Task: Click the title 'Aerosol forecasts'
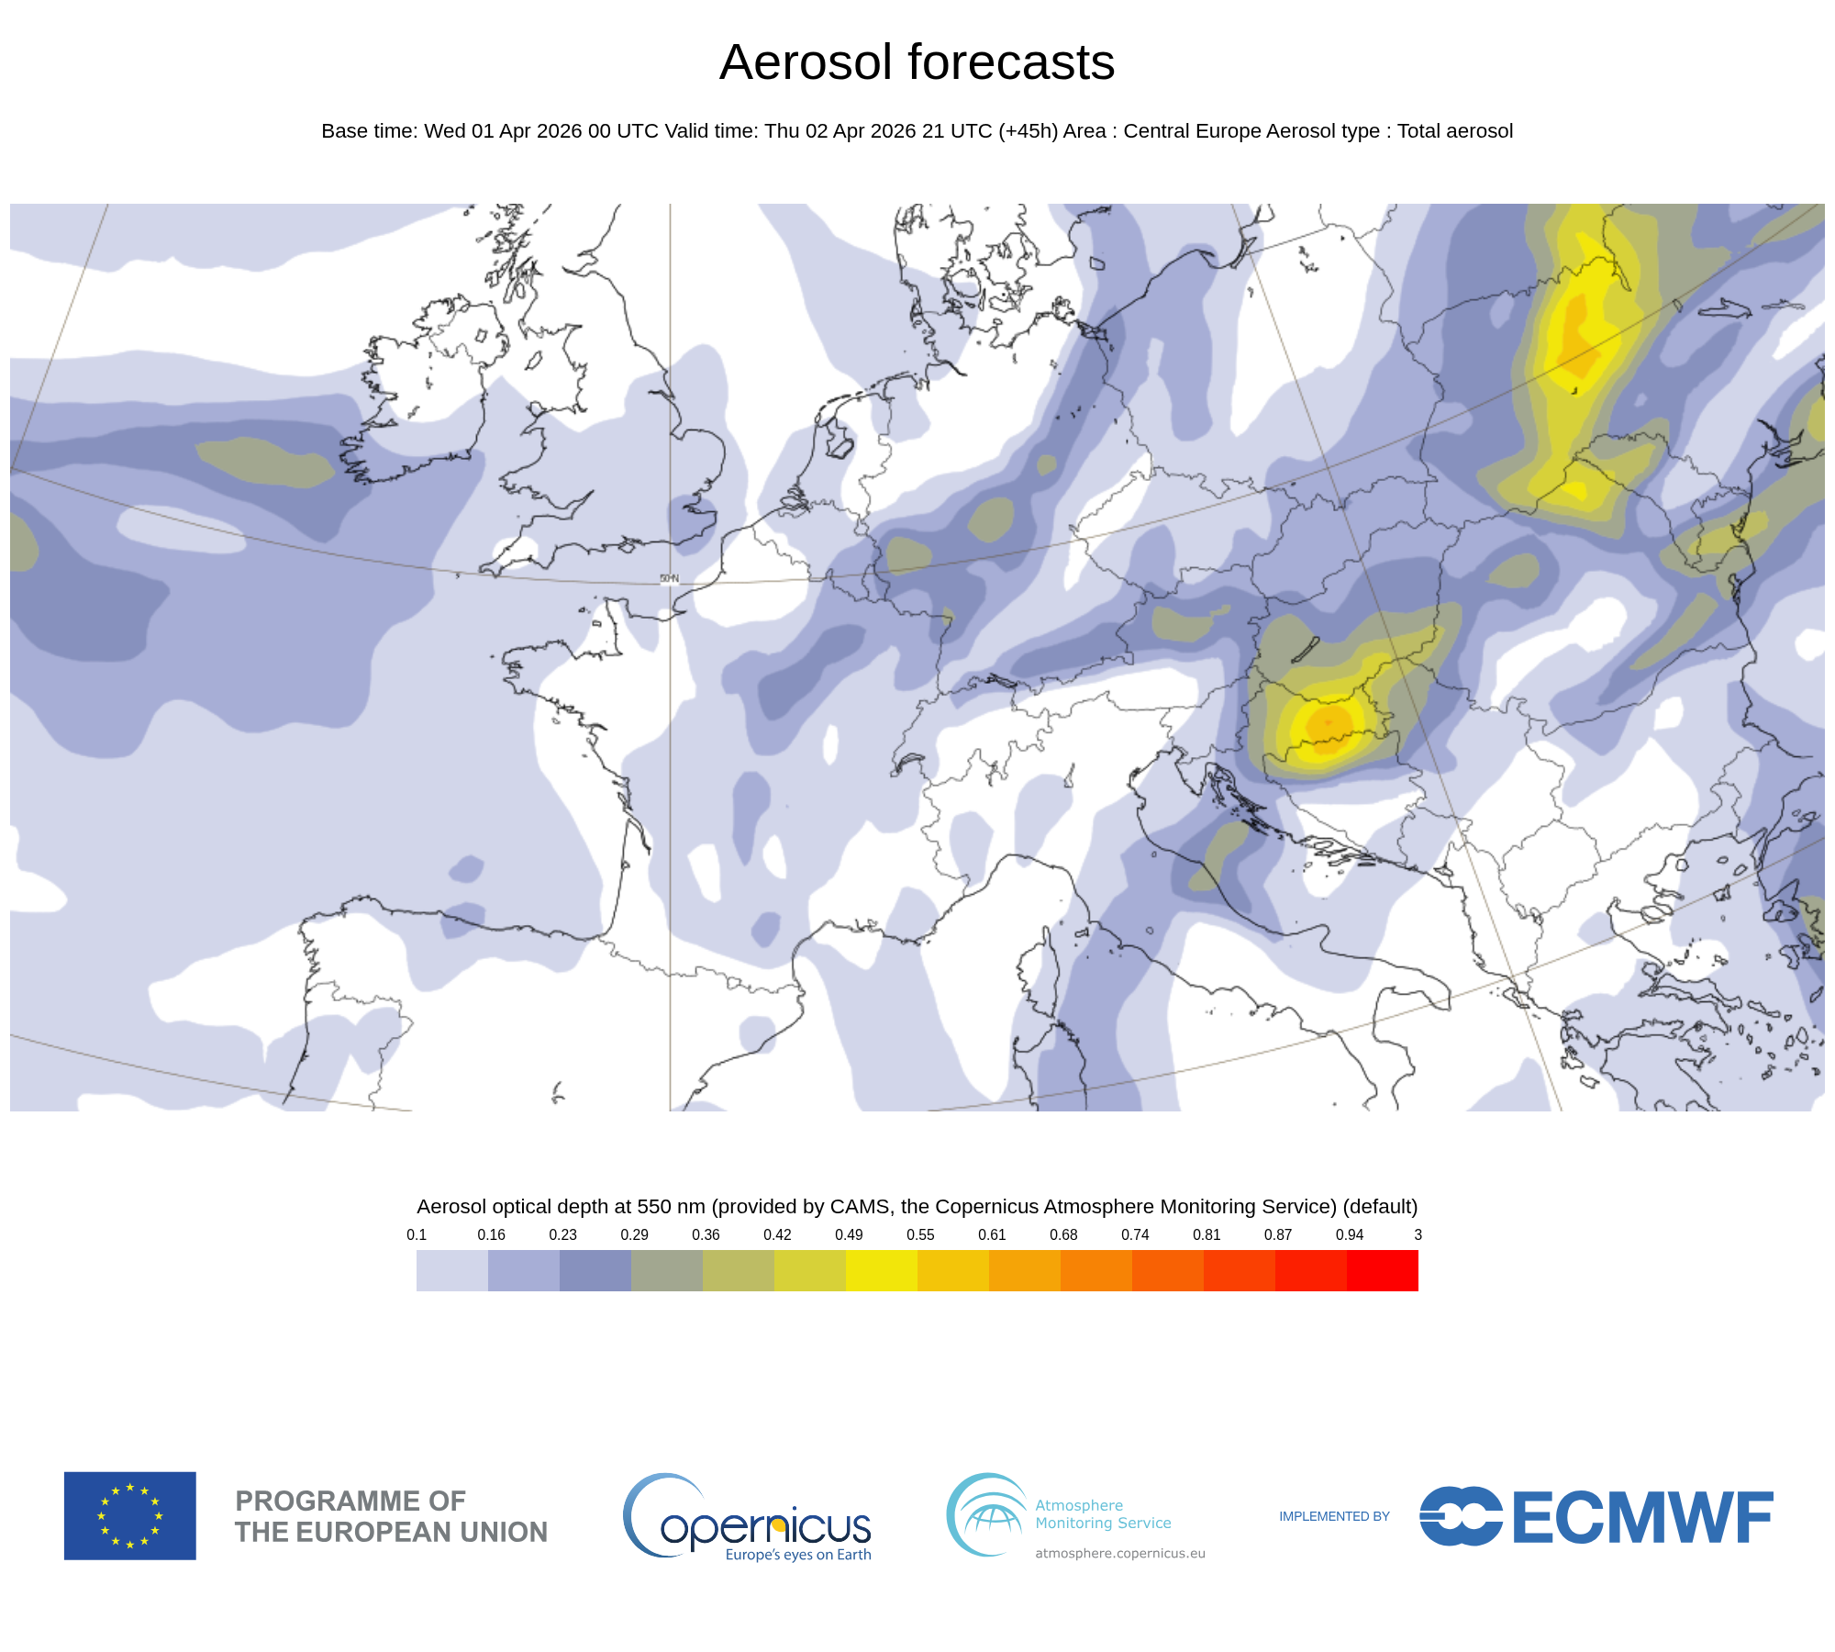[x=917, y=62]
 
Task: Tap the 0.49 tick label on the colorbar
[x=849, y=1234]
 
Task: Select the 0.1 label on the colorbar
[x=417, y=1234]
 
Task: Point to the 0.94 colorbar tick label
[x=1349, y=1234]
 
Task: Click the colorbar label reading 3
[x=1418, y=1234]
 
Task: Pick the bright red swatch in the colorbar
[x=1383, y=1270]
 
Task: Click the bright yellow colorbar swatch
[x=882, y=1270]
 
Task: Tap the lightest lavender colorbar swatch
[x=452, y=1270]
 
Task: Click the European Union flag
[x=130, y=1515]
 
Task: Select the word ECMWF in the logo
[x=1641, y=1518]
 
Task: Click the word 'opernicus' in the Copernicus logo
[x=766, y=1527]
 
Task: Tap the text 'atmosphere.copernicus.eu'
[x=1120, y=1553]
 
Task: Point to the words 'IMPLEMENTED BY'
[x=1334, y=1516]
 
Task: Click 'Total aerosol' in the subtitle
[x=1454, y=131]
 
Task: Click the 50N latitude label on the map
[x=669, y=578]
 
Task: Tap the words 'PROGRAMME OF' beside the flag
[x=350, y=1501]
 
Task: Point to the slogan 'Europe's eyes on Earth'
[x=798, y=1555]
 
